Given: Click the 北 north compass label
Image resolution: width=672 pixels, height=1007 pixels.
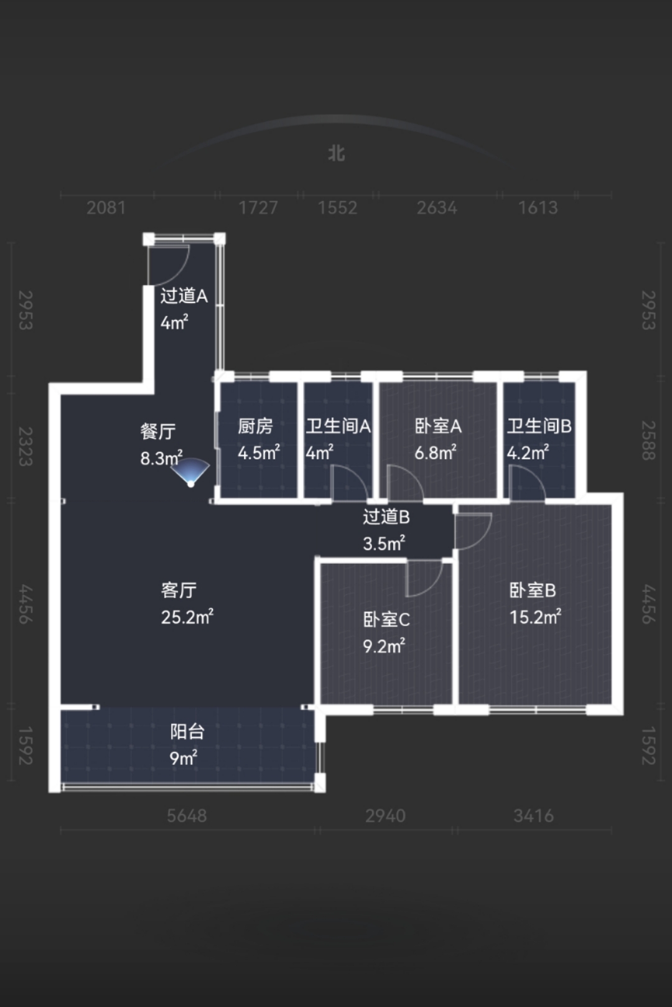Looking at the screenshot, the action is point(336,153).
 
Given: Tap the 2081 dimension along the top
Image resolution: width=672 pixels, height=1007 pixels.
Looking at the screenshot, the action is point(106,208).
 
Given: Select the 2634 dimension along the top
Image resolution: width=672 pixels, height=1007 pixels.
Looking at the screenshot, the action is point(436,208).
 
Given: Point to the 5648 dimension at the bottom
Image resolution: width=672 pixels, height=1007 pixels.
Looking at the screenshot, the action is point(187,815).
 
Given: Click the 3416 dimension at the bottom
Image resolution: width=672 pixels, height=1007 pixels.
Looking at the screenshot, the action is point(533,815).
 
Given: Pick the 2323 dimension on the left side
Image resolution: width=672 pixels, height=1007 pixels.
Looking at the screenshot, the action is point(26,446).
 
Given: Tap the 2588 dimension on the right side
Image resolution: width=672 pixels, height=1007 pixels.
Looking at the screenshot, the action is point(648,441).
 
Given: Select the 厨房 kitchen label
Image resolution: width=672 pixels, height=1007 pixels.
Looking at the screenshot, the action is point(255,426).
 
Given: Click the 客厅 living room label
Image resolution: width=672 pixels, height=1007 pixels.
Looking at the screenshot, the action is point(179,590).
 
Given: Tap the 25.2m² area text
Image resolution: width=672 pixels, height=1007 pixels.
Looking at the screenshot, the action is point(187,616).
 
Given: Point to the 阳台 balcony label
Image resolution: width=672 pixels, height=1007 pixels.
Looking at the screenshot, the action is point(187,731).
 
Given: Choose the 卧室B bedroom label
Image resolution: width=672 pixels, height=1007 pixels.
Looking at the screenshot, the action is point(533,590).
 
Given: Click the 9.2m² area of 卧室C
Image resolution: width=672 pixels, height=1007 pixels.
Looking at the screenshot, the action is point(384,646).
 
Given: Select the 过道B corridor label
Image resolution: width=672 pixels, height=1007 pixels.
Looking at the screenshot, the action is point(386,517).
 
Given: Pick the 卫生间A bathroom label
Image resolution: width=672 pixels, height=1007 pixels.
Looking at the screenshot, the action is point(338,426).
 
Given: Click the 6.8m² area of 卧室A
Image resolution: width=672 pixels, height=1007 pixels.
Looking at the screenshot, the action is point(435,452).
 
